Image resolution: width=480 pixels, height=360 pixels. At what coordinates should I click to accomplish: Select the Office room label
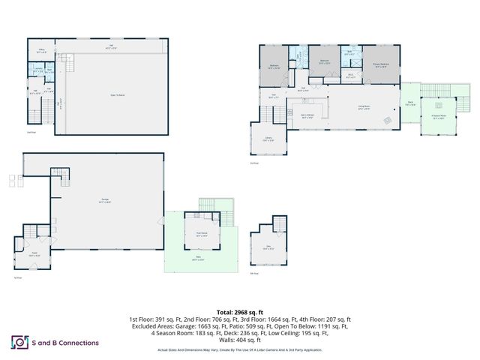click(43, 52)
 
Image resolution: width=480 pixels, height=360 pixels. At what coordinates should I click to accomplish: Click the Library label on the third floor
click(268, 139)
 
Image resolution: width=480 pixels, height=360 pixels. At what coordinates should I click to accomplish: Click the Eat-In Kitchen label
click(307, 115)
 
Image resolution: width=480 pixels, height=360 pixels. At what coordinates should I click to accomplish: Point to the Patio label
click(200, 259)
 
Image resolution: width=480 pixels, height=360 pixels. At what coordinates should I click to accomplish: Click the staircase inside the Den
click(279, 225)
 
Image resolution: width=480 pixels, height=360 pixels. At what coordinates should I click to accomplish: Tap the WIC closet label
click(350, 75)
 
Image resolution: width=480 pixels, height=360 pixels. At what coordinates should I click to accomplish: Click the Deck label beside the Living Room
click(410, 105)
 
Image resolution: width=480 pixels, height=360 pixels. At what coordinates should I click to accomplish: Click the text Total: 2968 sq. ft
click(239, 311)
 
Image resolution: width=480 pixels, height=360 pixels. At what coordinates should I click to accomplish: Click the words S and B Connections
click(66, 343)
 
